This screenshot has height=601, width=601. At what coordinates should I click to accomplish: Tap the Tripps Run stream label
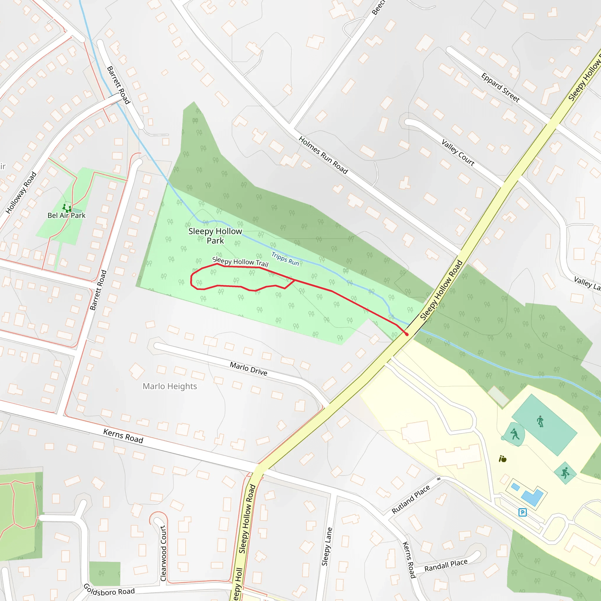coord(285,259)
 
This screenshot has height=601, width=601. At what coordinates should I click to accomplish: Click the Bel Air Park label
coord(66,215)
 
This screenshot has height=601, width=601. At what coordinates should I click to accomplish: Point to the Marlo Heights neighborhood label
coord(170,386)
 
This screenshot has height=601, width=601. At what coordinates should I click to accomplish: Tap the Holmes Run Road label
coord(323,155)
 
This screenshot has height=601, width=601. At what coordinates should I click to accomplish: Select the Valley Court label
coord(458,153)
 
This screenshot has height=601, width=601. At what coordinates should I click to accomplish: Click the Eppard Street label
coord(500,87)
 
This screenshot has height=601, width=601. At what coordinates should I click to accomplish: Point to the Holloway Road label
coord(21,193)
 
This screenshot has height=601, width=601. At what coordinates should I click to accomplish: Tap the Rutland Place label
coord(411,499)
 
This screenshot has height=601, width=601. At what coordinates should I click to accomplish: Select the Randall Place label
coord(446,565)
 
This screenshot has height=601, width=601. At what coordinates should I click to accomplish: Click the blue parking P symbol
coord(522,512)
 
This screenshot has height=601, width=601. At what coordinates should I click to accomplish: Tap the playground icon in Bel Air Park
coord(67,207)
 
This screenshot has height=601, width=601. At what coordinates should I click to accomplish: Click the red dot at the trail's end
coord(407,335)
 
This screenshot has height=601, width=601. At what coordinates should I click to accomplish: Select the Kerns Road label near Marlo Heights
coord(123,436)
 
